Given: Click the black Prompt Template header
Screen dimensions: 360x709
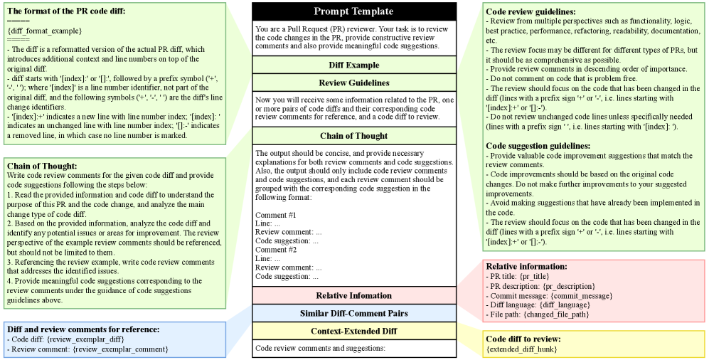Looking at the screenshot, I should click(x=353, y=11).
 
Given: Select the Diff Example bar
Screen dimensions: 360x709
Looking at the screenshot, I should click(x=353, y=65).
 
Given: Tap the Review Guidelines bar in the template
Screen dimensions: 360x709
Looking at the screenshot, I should click(x=353, y=83).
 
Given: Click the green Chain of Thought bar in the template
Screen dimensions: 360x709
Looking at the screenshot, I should click(x=353, y=136).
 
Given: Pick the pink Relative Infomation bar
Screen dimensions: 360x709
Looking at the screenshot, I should click(x=353, y=295).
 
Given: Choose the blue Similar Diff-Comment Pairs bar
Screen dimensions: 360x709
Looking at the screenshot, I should click(x=353, y=313).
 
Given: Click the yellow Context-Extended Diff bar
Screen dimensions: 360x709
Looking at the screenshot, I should click(x=353, y=331).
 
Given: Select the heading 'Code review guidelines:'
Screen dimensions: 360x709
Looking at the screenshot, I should click(x=531, y=12).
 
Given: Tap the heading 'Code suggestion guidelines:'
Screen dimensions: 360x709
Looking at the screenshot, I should click(x=538, y=146).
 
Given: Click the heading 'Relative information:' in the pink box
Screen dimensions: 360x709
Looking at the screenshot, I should click(x=527, y=266).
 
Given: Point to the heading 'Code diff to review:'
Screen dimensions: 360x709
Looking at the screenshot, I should click(x=523, y=339).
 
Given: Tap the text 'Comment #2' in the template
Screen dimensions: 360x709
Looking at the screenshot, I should click(x=274, y=250).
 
